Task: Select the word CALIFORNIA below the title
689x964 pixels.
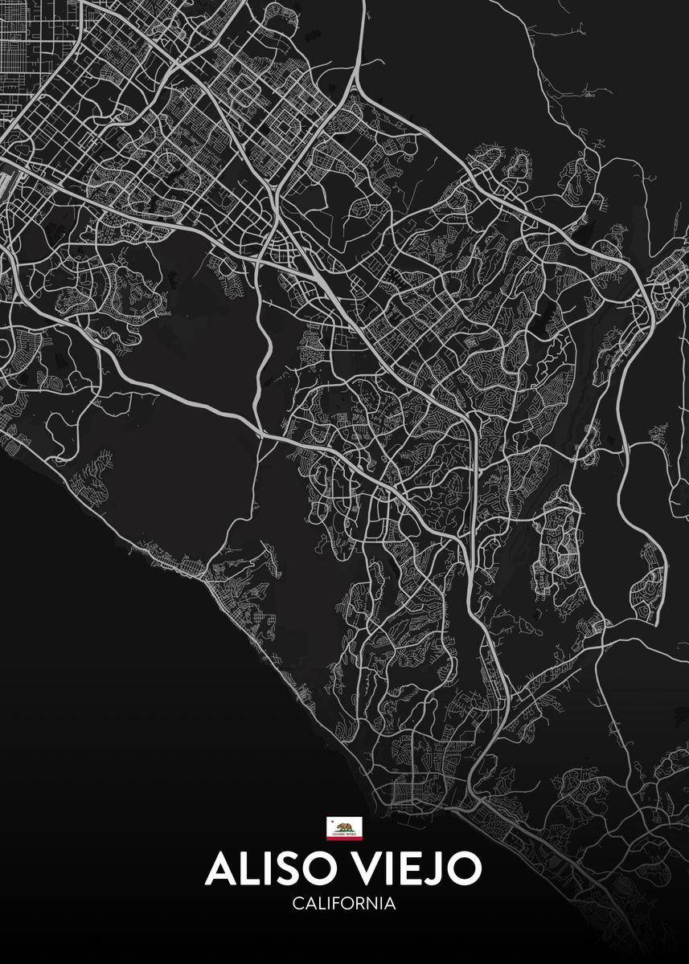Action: tap(344, 904)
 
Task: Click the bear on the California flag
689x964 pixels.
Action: tap(344, 825)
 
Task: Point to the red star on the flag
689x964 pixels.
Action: tap(331, 821)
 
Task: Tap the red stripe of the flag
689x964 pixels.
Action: tap(344, 837)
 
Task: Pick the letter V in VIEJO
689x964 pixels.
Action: tap(362, 869)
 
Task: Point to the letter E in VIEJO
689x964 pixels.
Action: tap(410, 869)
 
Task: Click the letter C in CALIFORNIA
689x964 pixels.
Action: tap(297, 904)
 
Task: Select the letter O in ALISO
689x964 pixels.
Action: tap(311, 869)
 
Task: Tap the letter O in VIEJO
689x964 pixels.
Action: tap(464, 869)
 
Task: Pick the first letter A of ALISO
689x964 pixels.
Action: tap(220, 869)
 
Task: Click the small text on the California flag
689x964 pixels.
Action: tap(344, 833)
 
